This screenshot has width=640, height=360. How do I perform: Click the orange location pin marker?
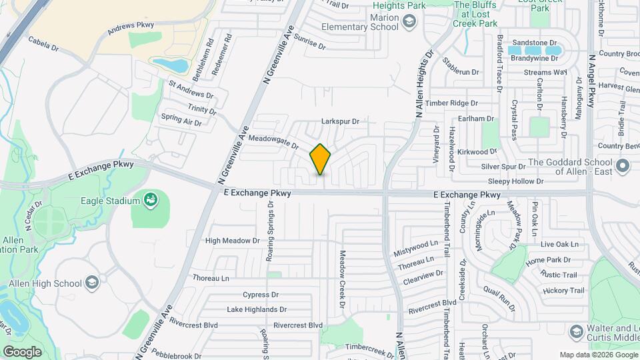point(321,159)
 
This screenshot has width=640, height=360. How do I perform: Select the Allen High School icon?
point(92,283)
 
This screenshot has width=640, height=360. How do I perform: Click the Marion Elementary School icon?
point(407,23)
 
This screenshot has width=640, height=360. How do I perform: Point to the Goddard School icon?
point(623,166)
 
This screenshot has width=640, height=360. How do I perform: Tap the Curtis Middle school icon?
point(576,331)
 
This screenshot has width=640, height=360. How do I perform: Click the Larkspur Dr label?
point(340,122)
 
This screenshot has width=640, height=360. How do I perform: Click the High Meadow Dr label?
point(232,241)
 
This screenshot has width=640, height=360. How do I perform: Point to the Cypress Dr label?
point(260,295)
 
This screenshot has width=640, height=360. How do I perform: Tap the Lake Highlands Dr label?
point(257,310)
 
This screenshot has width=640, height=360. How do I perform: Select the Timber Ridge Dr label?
point(452,103)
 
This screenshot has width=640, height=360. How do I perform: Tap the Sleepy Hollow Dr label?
point(516,181)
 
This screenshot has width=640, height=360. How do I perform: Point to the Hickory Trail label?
point(563,291)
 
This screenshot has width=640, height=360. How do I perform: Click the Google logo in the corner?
point(22,351)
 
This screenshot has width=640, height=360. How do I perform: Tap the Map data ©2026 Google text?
point(598,355)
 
